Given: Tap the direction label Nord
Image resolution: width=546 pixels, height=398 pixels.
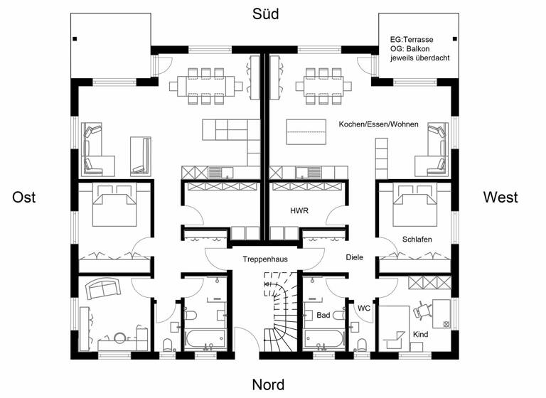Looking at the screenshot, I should [268, 384].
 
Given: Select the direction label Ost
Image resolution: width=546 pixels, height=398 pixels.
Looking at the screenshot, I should [24, 198].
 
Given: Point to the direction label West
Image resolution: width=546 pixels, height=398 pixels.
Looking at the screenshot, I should [500, 197].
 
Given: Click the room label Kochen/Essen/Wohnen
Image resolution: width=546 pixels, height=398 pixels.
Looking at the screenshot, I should [378, 124].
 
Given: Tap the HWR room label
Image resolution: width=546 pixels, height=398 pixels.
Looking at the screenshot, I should [299, 211].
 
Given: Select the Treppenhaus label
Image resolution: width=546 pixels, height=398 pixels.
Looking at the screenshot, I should [264, 259].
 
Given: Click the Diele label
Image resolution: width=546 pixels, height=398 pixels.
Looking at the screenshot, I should [354, 257].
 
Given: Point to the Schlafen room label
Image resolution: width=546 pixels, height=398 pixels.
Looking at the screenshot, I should [417, 239].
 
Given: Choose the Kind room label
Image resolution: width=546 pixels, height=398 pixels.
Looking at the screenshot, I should [421, 333].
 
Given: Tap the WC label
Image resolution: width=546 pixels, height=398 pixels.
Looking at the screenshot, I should [363, 308].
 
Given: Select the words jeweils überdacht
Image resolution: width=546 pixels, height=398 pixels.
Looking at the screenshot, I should [420, 58].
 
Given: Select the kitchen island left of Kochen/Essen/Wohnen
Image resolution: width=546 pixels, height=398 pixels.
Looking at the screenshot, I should [306, 132].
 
